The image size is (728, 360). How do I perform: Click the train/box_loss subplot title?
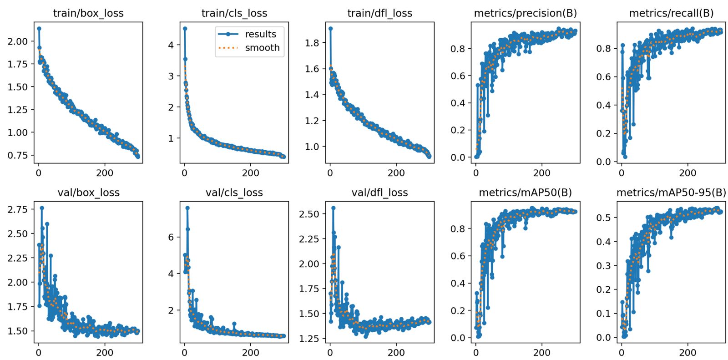88,13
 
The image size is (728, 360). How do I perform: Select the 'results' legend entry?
260,34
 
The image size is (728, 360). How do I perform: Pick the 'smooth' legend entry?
262,48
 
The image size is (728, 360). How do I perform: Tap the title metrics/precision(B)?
525,13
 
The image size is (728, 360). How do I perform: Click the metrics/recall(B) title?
671,13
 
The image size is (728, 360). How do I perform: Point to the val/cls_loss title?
234,193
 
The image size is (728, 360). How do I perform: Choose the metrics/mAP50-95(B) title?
671,193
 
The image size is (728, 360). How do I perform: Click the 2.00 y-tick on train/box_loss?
18,41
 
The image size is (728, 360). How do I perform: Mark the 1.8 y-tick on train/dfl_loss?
312,43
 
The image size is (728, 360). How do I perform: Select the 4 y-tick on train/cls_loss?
171,45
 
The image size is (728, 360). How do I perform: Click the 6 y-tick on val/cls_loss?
171,237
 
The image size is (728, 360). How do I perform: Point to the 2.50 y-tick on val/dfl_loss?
309,214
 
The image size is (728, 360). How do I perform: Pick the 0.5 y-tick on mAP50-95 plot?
604,218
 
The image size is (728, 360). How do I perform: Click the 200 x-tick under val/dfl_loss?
396,352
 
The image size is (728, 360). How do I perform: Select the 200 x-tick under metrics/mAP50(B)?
542,352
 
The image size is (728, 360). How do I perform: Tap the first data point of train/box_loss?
39,29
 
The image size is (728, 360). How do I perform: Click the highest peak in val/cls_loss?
187,208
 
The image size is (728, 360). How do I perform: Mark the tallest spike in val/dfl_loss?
333,208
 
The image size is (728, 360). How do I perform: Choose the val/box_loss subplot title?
88,193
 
